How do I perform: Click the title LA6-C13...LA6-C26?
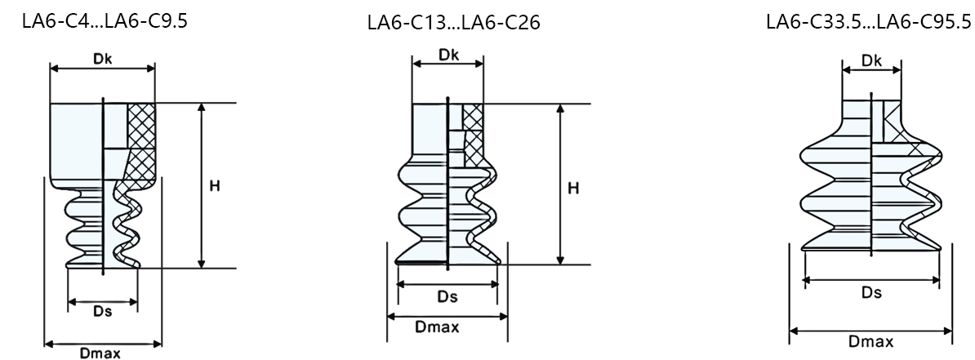(x=453, y=23)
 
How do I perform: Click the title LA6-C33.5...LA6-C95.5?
(x=869, y=22)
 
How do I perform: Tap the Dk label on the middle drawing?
(x=447, y=55)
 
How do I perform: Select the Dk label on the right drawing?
(x=871, y=60)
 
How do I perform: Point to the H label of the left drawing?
(x=214, y=186)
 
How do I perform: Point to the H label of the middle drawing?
(x=573, y=189)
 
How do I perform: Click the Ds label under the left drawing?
(x=102, y=311)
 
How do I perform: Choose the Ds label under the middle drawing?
(x=447, y=296)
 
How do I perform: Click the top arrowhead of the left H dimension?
(x=202, y=109)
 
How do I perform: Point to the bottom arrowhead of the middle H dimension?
(x=561, y=259)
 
